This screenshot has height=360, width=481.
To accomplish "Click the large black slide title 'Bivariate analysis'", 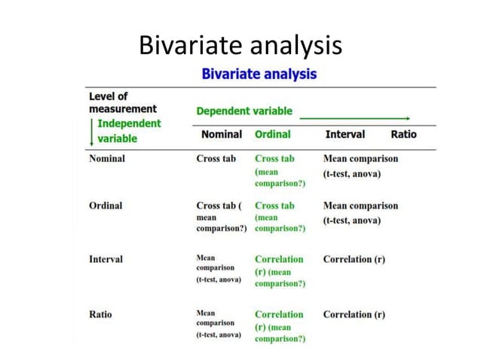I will [x=240, y=46].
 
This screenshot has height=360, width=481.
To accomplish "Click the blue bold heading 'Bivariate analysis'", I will [x=259, y=74].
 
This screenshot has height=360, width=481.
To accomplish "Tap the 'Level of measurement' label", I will [x=123, y=102].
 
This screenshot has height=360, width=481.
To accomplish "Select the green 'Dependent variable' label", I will [x=244, y=111].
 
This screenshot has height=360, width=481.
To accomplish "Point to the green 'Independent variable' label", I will [x=129, y=130].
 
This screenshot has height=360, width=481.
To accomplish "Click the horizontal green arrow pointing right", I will [x=354, y=118].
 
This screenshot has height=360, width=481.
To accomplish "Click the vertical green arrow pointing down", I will [x=92, y=133].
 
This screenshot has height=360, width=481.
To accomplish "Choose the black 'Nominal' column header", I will [x=222, y=134].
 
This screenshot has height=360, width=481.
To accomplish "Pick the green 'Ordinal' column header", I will [x=272, y=134].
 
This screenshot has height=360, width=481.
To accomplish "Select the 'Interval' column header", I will [x=345, y=134].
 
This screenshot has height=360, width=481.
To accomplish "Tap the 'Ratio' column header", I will [x=403, y=134].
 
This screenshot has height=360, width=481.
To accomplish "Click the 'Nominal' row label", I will [x=107, y=159].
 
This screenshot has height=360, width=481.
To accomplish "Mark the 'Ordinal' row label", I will [x=106, y=206].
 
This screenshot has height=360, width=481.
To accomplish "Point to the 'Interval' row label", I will [x=106, y=259].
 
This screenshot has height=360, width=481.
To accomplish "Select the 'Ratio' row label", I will [x=100, y=314].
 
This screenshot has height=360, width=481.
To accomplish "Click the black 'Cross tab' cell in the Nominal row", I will [x=216, y=159].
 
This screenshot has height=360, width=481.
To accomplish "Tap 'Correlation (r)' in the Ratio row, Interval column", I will [x=354, y=314].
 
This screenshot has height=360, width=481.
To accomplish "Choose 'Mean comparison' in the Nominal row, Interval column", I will [x=360, y=159].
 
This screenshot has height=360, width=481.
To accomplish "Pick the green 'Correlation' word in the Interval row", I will [x=279, y=259].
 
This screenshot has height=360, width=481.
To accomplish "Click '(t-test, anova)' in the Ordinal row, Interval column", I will [x=352, y=220].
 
